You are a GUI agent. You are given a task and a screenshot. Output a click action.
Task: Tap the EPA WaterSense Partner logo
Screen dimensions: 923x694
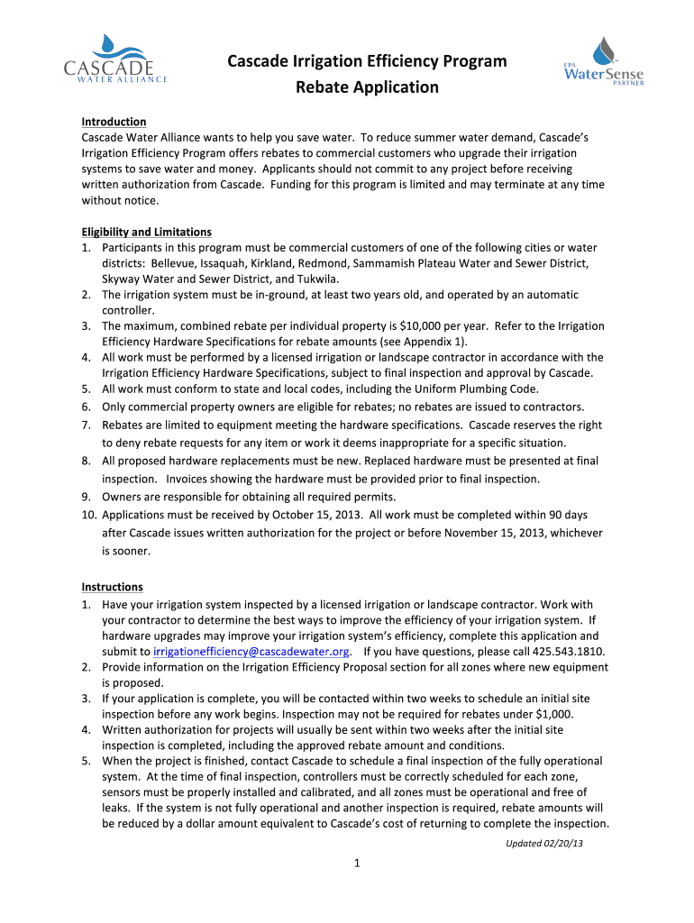click(603, 61)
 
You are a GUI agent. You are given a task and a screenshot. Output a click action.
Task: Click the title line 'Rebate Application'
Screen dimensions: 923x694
click(367, 87)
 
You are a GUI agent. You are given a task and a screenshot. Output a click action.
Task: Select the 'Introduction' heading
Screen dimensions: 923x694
click(114, 122)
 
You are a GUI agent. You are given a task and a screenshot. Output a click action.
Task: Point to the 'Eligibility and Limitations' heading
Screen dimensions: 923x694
click(146, 232)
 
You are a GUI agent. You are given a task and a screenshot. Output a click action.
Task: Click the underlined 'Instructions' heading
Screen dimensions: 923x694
click(112, 587)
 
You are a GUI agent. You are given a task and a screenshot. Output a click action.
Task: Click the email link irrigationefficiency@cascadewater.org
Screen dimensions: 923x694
click(251, 652)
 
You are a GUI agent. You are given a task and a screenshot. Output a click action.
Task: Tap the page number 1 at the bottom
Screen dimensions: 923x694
click(358, 864)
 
